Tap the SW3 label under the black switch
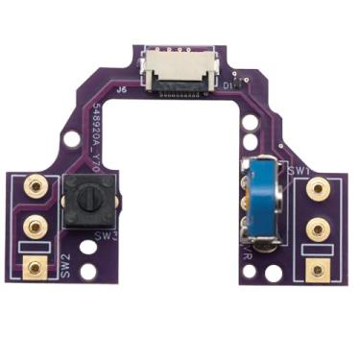coord(105,234)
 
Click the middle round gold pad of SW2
coord(36,227)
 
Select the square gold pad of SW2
coord(36,268)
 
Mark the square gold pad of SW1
coord(316,270)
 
